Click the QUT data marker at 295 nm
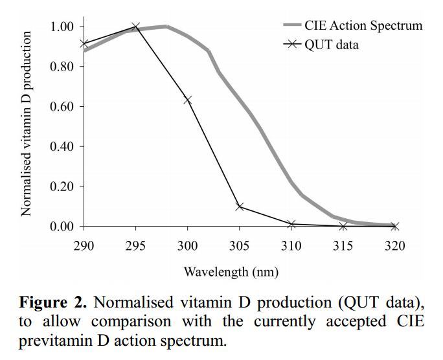tap(135, 27)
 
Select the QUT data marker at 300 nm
tap(188, 100)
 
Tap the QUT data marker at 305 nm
tap(240, 207)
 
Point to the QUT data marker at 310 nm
tap(291, 225)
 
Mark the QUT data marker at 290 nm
tap(84, 44)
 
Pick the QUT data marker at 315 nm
tap(343, 227)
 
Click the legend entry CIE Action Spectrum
tap(363, 26)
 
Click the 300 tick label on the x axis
tap(188, 245)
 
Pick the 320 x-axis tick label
tap(395, 245)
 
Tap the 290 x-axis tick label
tap(84, 245)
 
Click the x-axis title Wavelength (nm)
tap(231, 271)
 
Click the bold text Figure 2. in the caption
tap(55, 303)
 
